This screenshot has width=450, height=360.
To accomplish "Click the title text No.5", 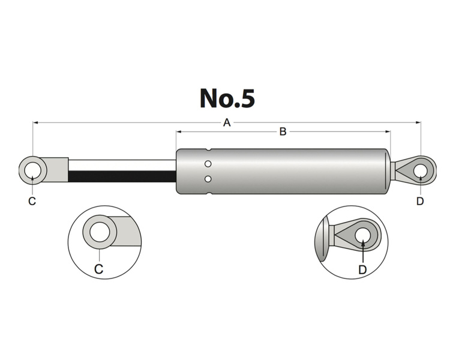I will [x=227, y=98].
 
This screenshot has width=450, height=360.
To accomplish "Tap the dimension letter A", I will [x=227, y=123].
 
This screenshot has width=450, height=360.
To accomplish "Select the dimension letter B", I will [x=283, y=132].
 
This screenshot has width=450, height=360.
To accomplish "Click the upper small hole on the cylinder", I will [x=208, y=164].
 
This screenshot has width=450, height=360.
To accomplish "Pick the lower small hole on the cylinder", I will [x=208, y=179].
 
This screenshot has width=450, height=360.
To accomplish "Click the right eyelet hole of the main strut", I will [x=421, y=169].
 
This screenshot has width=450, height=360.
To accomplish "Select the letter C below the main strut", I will [x=32, y=201].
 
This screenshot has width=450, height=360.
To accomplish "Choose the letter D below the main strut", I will [x=420, y=201].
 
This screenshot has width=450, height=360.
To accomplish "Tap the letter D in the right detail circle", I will [x=362, y=269].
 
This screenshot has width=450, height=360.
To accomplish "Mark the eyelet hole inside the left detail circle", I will [x=99, y=231].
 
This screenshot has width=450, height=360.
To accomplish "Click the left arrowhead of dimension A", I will [x=35, y=123].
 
